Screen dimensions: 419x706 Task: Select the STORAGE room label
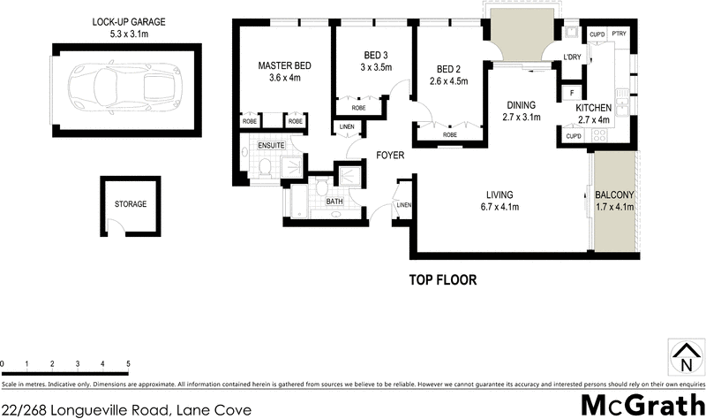131,204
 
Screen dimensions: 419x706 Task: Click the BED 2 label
449,69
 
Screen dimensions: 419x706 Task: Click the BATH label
334,201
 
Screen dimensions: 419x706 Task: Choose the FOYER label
390,155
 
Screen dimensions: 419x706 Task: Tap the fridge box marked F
572,93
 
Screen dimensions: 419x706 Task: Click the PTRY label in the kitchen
619,34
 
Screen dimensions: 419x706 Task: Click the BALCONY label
615,195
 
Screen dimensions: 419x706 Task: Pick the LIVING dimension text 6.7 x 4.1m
499,207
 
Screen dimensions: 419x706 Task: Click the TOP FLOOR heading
442,280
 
